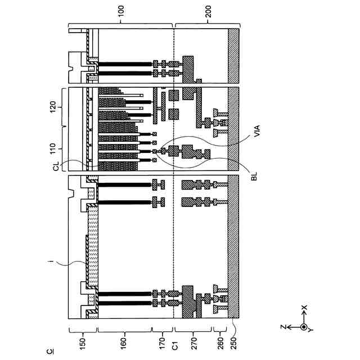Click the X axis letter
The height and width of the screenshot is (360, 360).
[x=304, y=308]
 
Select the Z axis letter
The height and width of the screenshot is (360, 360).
[x=285, y=326]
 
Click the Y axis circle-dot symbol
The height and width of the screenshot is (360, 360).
[x=304, y=327]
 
